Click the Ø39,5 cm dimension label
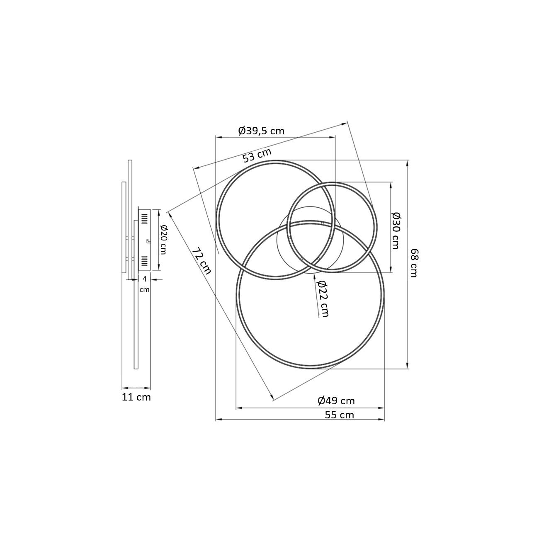(261, 131)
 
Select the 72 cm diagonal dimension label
(202, 261)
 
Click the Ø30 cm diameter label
(396, 231)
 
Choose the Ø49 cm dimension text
(336, 401)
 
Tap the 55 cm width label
(339, 415)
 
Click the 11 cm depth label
(136, 397)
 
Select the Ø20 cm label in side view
(163, 240)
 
